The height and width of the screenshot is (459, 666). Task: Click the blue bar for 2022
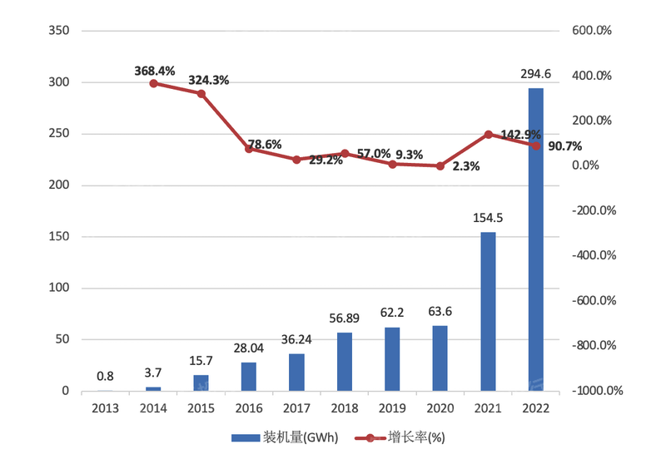tap(535, 239)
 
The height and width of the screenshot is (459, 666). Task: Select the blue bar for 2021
tap(488, 312)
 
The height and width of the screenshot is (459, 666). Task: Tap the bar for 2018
tap(345, 362)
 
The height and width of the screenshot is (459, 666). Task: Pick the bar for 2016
tap(249, 377)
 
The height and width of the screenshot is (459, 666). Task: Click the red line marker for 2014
tap(153, 83)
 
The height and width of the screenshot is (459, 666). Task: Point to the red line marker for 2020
tap(440, 166)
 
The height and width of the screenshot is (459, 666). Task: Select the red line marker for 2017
tap(296, 160)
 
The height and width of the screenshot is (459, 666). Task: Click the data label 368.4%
tap(155, 71)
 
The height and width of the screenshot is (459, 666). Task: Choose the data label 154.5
tap(488, 219)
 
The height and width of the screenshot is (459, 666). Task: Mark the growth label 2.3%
tap(466, 166)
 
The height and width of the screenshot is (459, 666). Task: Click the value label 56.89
tap(345, 319)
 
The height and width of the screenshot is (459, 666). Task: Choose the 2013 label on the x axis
tap(105, 408)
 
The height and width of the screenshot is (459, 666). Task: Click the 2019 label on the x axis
tap(392, 408)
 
